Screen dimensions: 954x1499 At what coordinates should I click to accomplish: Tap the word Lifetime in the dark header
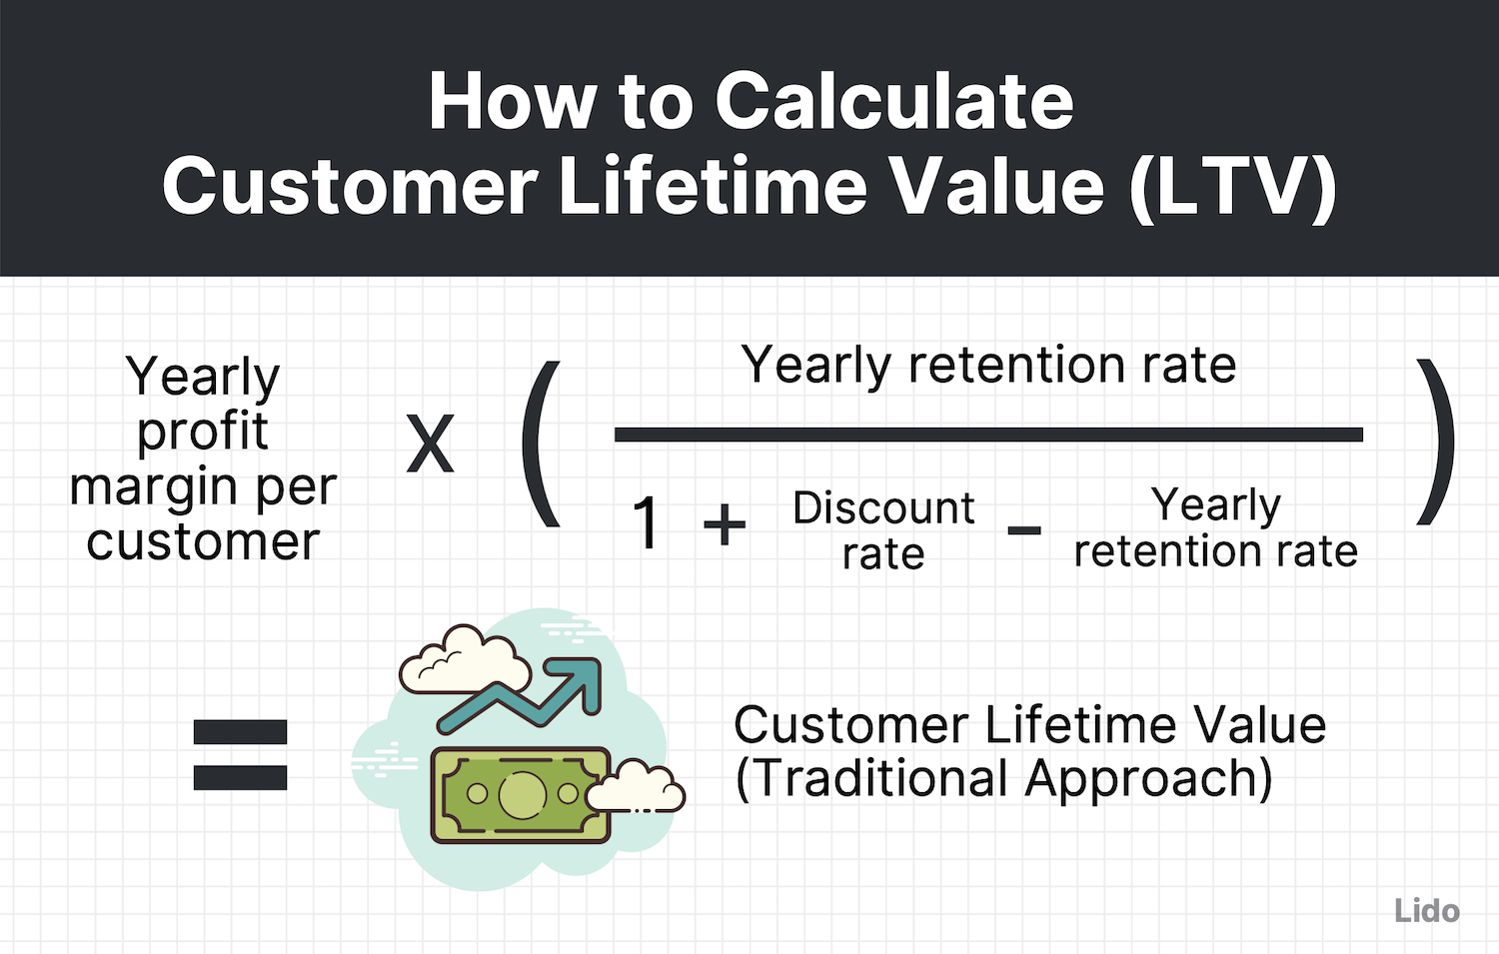(713, 187)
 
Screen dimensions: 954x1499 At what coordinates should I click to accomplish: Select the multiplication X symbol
(430, 445)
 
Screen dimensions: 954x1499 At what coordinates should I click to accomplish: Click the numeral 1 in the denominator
(647, 523)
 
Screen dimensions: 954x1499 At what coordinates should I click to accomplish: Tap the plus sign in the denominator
(725, 524)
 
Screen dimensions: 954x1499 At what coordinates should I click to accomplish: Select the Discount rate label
(883, 530)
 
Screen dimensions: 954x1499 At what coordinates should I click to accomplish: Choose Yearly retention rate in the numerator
(988, 366)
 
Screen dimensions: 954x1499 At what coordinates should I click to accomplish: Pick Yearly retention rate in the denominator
(1215, 528)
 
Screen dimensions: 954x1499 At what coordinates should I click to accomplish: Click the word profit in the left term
(203, 433)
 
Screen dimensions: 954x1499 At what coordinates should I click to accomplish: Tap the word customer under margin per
(203, 542)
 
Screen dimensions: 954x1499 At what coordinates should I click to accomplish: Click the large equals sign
(240, 755)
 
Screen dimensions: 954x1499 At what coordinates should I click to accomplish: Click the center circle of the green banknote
(521, 794)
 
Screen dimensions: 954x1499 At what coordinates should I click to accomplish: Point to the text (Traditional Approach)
(1003, 779)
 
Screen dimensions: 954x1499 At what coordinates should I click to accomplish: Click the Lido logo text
(1426, 911)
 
